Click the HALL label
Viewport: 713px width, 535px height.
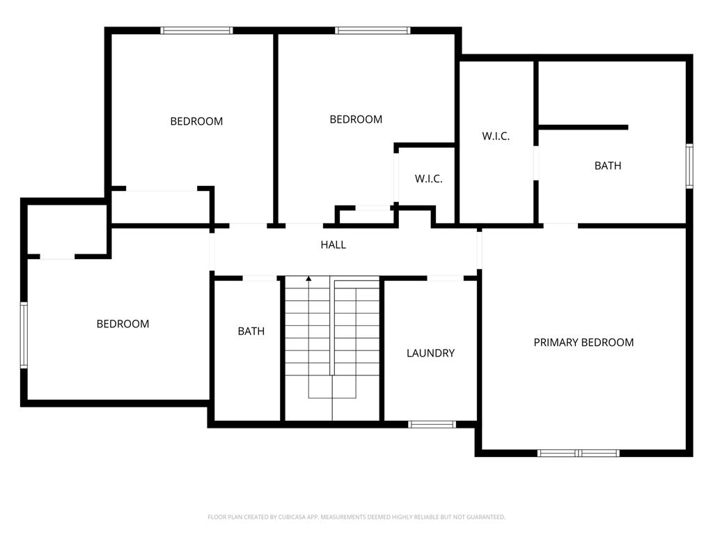point(333,245)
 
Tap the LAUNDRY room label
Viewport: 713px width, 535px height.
point(430,353)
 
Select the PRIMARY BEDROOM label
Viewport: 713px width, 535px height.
point(583,342)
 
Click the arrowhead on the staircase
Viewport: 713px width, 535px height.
point(308,279)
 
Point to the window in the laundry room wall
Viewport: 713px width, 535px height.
point(432,424)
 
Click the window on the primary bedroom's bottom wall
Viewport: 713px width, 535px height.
point(578,453)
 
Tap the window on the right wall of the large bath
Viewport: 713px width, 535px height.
point(689,166)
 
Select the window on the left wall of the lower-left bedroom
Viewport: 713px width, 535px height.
point(24,334)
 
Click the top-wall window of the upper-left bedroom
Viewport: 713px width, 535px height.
point(196,31)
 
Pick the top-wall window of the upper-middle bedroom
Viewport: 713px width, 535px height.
point(373,31)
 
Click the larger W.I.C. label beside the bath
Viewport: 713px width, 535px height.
point(496,136)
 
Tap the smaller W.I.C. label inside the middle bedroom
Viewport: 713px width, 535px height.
point(428,179)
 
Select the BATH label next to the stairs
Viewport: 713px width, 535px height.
point(251,331)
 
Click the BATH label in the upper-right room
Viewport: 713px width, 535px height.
point(607,166)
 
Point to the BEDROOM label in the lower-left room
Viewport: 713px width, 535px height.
point(123,324)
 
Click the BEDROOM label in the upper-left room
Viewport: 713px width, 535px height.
point(196,121)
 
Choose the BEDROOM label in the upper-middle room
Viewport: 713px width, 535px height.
point(356,119)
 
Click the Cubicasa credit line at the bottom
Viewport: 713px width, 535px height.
point(356,517)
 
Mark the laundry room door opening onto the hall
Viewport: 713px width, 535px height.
point(445,279)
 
